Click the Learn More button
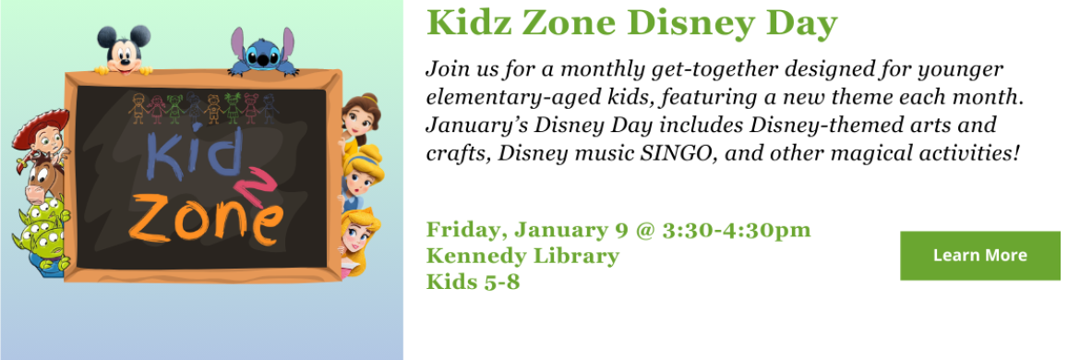979,256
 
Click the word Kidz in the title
462,24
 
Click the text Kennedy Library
522,256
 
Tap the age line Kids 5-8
473,282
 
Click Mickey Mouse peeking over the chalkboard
122,49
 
